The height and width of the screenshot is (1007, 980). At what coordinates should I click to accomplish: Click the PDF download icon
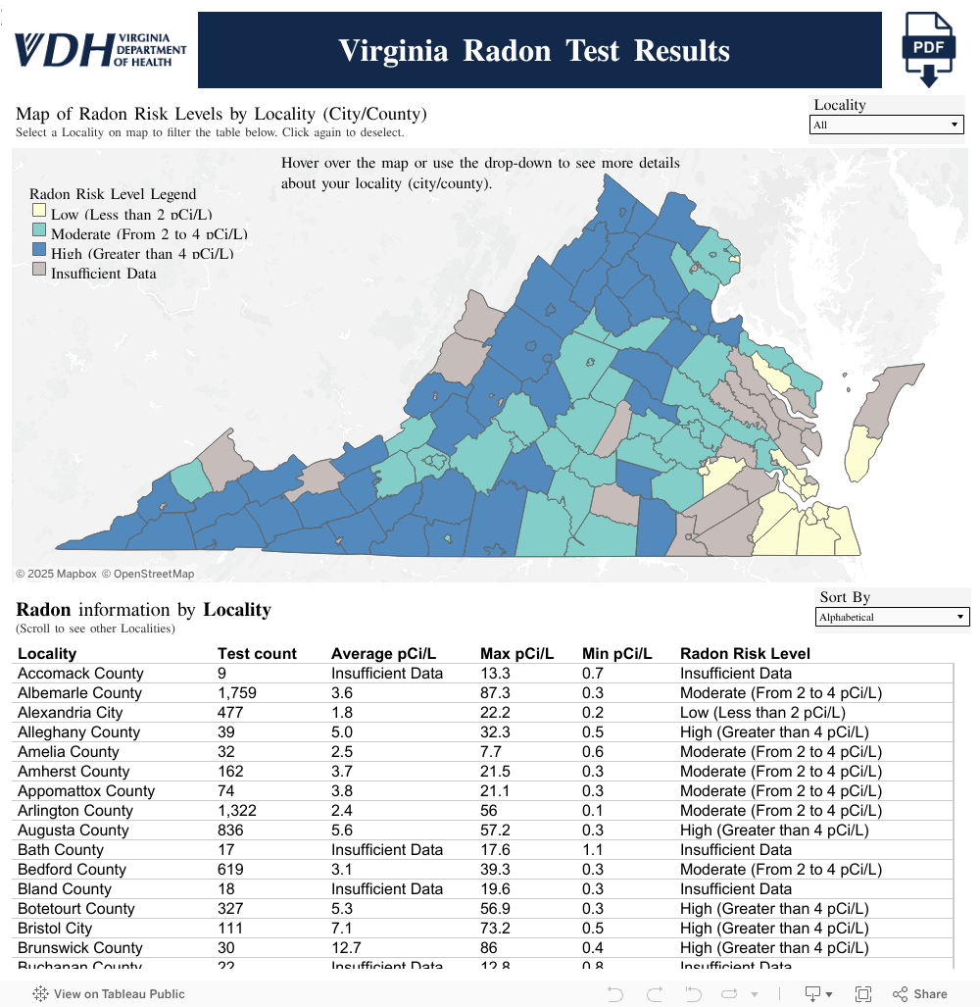[x=928, y=50]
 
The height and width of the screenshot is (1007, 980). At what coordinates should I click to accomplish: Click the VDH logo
[x=100, y=48]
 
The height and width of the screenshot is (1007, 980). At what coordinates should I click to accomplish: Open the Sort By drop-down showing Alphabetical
[x=893, y=617]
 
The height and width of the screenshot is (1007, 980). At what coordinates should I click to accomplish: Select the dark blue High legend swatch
[x=38, y=252]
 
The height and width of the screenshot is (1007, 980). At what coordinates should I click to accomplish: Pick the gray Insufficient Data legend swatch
[x=38, y=271]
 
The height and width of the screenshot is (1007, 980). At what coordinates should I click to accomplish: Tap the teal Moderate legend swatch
[x=38, y=231]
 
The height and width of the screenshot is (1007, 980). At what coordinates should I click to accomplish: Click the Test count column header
[x=257, y=653]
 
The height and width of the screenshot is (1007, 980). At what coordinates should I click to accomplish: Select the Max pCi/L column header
[x=516, y=653]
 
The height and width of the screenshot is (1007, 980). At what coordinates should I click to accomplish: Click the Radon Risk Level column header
[x=745, y=653]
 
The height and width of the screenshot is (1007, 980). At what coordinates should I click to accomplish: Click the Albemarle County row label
[x=79, y=692]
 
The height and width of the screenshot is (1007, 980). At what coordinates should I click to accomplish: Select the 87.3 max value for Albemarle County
[x=495, y=692]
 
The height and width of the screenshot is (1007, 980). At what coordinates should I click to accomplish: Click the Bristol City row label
[x=55, y=928]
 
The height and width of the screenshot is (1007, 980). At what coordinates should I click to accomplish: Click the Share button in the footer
[x=919, y=993]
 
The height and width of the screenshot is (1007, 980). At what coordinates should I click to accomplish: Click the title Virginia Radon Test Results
[x=534, y=51]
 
